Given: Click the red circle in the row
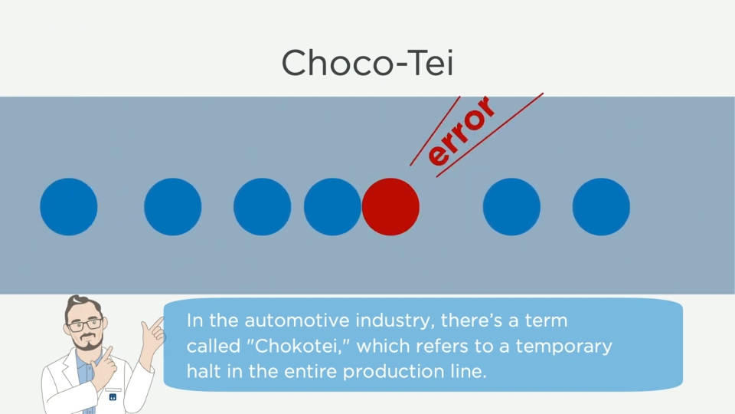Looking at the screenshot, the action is pyautogui.click(x=390, y=206).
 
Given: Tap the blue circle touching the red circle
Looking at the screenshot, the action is pyautogui.click(x=332, y=206).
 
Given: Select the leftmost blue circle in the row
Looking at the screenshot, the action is pyautogui.click(x=68, y=206).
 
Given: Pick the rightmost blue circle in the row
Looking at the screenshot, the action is pyautogui.click(x=601, y=206).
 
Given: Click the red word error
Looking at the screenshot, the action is pyautogui.click(x=461, y=131).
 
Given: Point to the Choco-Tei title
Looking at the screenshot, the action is pyautogui.click(x=367, y=63).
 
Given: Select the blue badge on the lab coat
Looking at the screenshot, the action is pyautogui.click(x=113, y=397).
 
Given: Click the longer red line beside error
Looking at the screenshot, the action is pyautogui.click(x=490, y=135).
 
